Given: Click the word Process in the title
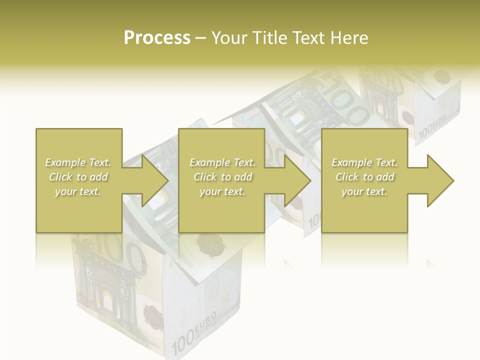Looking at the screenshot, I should [157, 38].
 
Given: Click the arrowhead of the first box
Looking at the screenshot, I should [154, 180].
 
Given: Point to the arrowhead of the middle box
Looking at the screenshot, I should [297, 180].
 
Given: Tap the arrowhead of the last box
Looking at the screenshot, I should [440, 180].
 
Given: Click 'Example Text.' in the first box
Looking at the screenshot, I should [78, 162].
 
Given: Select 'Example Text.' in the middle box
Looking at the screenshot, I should [222, 162].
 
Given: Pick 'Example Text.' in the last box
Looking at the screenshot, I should [364, 162].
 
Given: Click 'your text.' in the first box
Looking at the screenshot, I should [78, 191].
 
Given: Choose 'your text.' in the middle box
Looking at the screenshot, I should [222, 191].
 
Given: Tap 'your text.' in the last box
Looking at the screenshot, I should [364, 191].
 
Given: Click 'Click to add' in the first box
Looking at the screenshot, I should [78, 177].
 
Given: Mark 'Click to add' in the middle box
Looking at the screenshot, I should [222, 177].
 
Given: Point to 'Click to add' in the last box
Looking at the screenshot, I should [364, 177].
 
